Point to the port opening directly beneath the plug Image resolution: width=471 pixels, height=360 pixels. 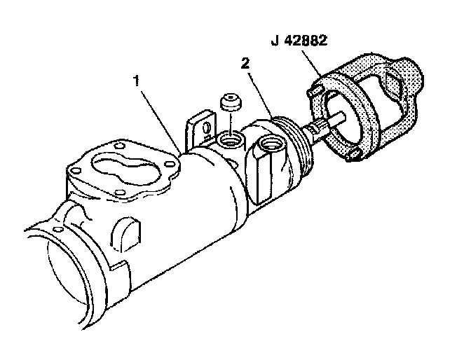(227, 141)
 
